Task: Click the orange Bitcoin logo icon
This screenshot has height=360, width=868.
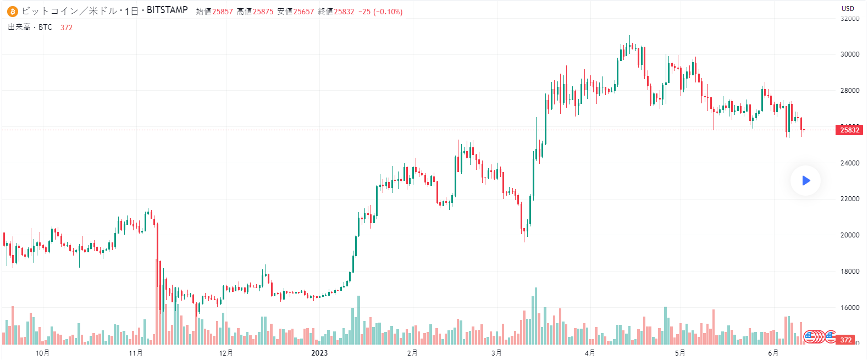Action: pos(12,12)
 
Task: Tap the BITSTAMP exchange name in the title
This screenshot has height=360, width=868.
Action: pos(167,10)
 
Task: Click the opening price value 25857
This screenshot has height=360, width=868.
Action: pos(223,12)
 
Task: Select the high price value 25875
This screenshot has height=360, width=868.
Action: pos(263,12)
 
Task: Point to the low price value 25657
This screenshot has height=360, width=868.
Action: pos(303,12)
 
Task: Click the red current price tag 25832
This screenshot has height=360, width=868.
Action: pos(849,130)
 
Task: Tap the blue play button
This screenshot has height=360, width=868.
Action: pos(806,180)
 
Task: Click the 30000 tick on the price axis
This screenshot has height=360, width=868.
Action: pos(850,54)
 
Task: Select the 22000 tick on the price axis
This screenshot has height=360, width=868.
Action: pos(850,199)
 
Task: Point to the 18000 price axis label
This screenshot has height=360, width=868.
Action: pos(850,272)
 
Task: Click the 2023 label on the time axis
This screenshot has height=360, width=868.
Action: pos(319,353)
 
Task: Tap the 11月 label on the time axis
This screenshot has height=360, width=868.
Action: pos(136,353)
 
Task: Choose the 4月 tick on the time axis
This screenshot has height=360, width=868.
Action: pos(590,353)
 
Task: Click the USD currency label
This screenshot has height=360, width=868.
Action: pos(848,8)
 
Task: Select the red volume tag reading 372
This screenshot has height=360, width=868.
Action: pos(846,340)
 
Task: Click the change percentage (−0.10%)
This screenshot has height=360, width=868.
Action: pos(388,12)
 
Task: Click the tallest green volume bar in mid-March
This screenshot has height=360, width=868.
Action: pos(536,316)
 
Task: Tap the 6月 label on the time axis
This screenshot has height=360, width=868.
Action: pos(773,353)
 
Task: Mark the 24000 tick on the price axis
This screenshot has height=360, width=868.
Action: pos(850,163)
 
